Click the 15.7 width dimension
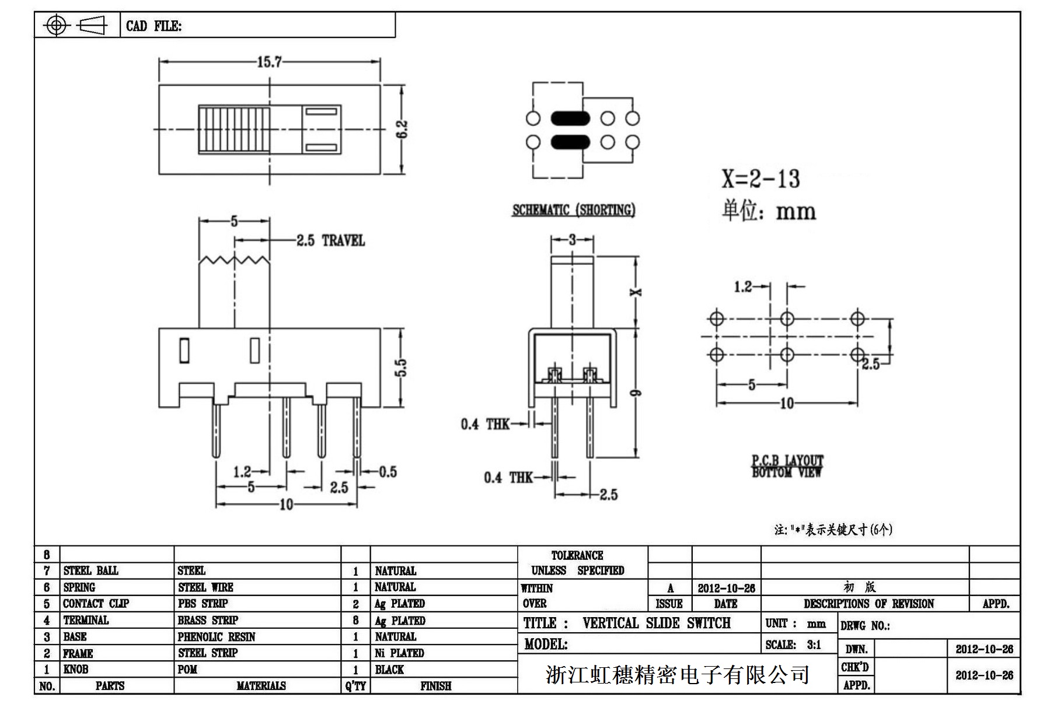pos(269,62)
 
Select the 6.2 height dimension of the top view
pos(402,129)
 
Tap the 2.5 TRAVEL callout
pos(330,240)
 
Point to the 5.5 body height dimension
pos(401,367)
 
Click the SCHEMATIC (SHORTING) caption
pos(574,210)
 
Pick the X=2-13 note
pos(761,179)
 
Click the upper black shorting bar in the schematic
pos(570,118)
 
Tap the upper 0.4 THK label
pos(485,424)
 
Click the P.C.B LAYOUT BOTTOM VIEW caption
pos(787,467)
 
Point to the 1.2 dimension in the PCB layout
pos(742,286)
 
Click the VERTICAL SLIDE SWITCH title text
pos(656,623)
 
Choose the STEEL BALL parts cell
pos(90,570)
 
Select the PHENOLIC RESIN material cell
pos(217,636)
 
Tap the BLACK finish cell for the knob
pos(389,670)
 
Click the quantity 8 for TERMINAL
pos(355,621)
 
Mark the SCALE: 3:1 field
pos(793,645)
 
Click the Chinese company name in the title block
pos(677,674)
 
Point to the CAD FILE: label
pos(154,26)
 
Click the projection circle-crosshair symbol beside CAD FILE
pos(56,25)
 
